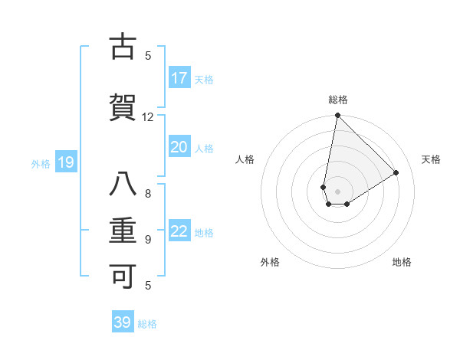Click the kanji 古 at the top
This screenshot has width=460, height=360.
coord(123,47)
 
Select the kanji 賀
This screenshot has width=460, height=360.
coord(123,108)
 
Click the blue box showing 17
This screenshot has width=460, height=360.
coord(179,78)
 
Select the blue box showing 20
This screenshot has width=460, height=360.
coord(179,147)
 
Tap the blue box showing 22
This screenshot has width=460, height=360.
coord(179,231)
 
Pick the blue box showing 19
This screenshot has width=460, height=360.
coord(66,162)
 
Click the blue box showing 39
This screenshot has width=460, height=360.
coord(123,322)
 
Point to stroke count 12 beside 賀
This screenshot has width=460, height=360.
coord(148,116)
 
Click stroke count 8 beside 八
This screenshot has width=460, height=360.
coord(148,193)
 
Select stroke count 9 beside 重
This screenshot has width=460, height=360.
coord(148,239)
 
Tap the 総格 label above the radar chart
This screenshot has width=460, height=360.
coord(338,100)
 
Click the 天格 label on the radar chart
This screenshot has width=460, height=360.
coord(431,159)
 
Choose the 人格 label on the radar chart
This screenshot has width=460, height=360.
coord(245,159)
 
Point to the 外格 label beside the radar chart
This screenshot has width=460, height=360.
coord(270,262)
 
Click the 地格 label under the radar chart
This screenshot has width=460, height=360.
coord(402,262)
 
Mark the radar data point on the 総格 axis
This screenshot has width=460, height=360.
coord(337,116)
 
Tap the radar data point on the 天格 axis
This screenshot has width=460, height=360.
coord(396,172)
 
